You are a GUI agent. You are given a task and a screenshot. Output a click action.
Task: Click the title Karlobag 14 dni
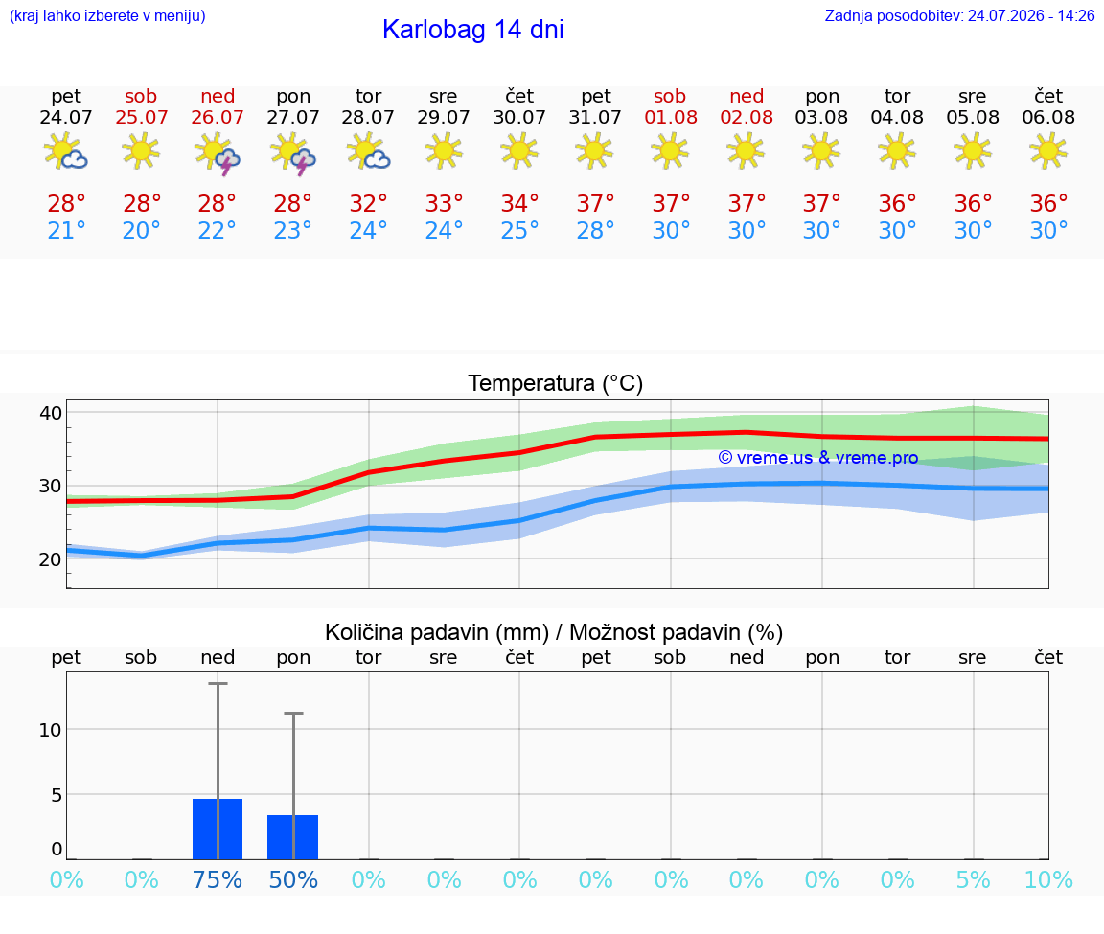click(x=472, y=30)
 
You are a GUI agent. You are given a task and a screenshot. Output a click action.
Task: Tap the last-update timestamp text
click(x=959, y=15)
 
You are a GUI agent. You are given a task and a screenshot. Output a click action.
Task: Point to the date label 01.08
click(x=671, y=117)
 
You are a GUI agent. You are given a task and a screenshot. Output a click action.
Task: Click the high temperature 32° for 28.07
click(x=368, y=203)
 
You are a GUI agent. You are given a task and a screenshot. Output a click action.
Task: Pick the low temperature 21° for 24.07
click(x=66, y=230)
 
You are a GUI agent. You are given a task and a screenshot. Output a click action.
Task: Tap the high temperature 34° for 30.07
click(x=519, y=203)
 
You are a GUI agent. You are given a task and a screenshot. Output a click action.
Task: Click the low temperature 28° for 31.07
click(x=596, y=230)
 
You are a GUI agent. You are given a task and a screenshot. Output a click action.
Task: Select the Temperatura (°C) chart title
click(x=556, y=383)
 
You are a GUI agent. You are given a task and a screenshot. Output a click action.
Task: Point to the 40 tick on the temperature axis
click(x=51, y=413)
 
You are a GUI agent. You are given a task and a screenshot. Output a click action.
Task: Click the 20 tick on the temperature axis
click(x=51, y=559)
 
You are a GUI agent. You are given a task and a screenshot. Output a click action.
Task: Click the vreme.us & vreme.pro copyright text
click(x=818, y=458)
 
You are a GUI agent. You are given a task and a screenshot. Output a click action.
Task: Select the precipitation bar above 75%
click(x=218, y=830)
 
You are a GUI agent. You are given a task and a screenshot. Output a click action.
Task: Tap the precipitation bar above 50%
click(x=293, y=837)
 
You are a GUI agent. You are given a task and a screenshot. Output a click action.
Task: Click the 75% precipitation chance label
click(x=218, y=879)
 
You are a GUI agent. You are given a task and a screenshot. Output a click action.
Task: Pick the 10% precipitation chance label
click(x=1048, y=879)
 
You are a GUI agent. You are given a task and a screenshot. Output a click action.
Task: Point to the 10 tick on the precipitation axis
click(x=51, y=730)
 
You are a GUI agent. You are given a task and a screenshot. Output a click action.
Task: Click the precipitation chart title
click(x=554, y=632)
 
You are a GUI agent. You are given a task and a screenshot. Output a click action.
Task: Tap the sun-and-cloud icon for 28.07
click(x=368, y=152)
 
